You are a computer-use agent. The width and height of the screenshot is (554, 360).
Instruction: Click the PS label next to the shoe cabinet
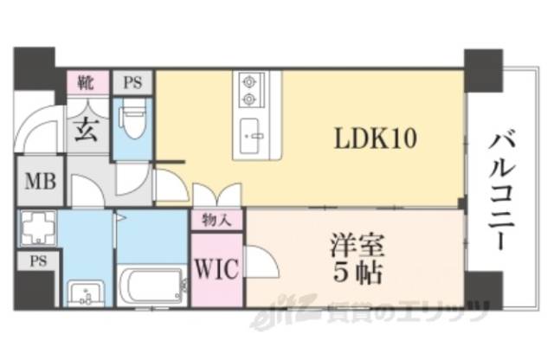(x=132, y=83)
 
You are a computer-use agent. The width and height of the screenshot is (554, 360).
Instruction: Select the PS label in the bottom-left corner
(x=37, y=260)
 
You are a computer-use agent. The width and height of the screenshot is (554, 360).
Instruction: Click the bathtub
(x=152, y=285)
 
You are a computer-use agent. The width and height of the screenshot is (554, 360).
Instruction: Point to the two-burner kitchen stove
(x=250, y=90)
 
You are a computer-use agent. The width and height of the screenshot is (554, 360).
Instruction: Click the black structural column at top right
(x=482, y=69)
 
